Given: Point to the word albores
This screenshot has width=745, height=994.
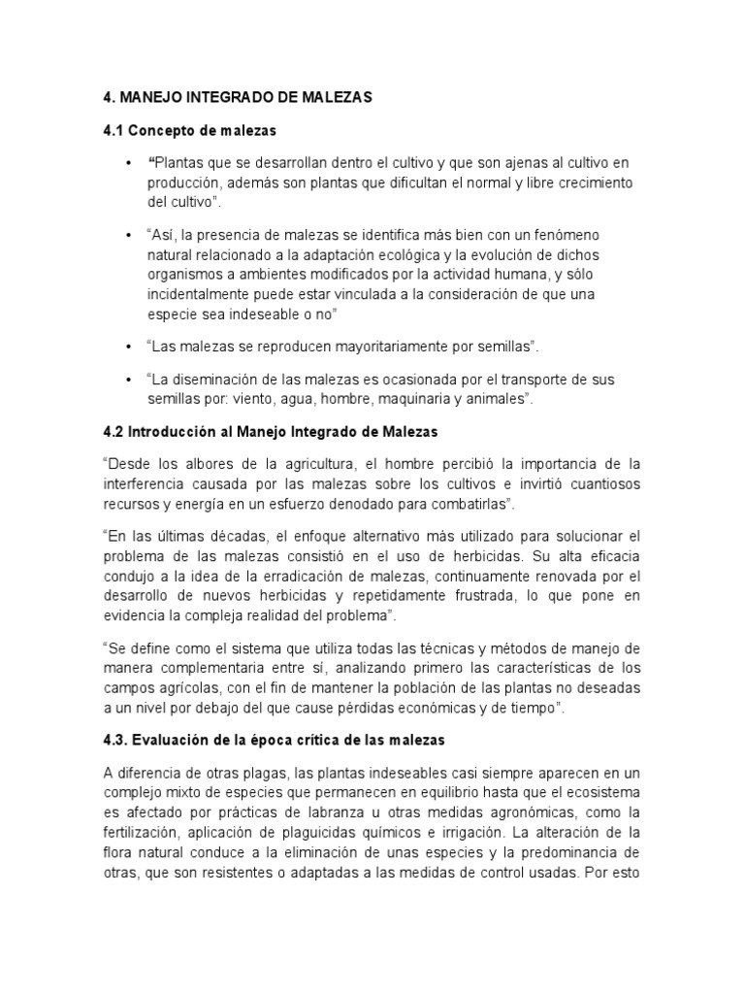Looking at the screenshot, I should pyautogui.click(x=212, y=464).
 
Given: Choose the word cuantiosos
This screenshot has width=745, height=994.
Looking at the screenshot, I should pyautogui.click(x=599, y=482).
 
